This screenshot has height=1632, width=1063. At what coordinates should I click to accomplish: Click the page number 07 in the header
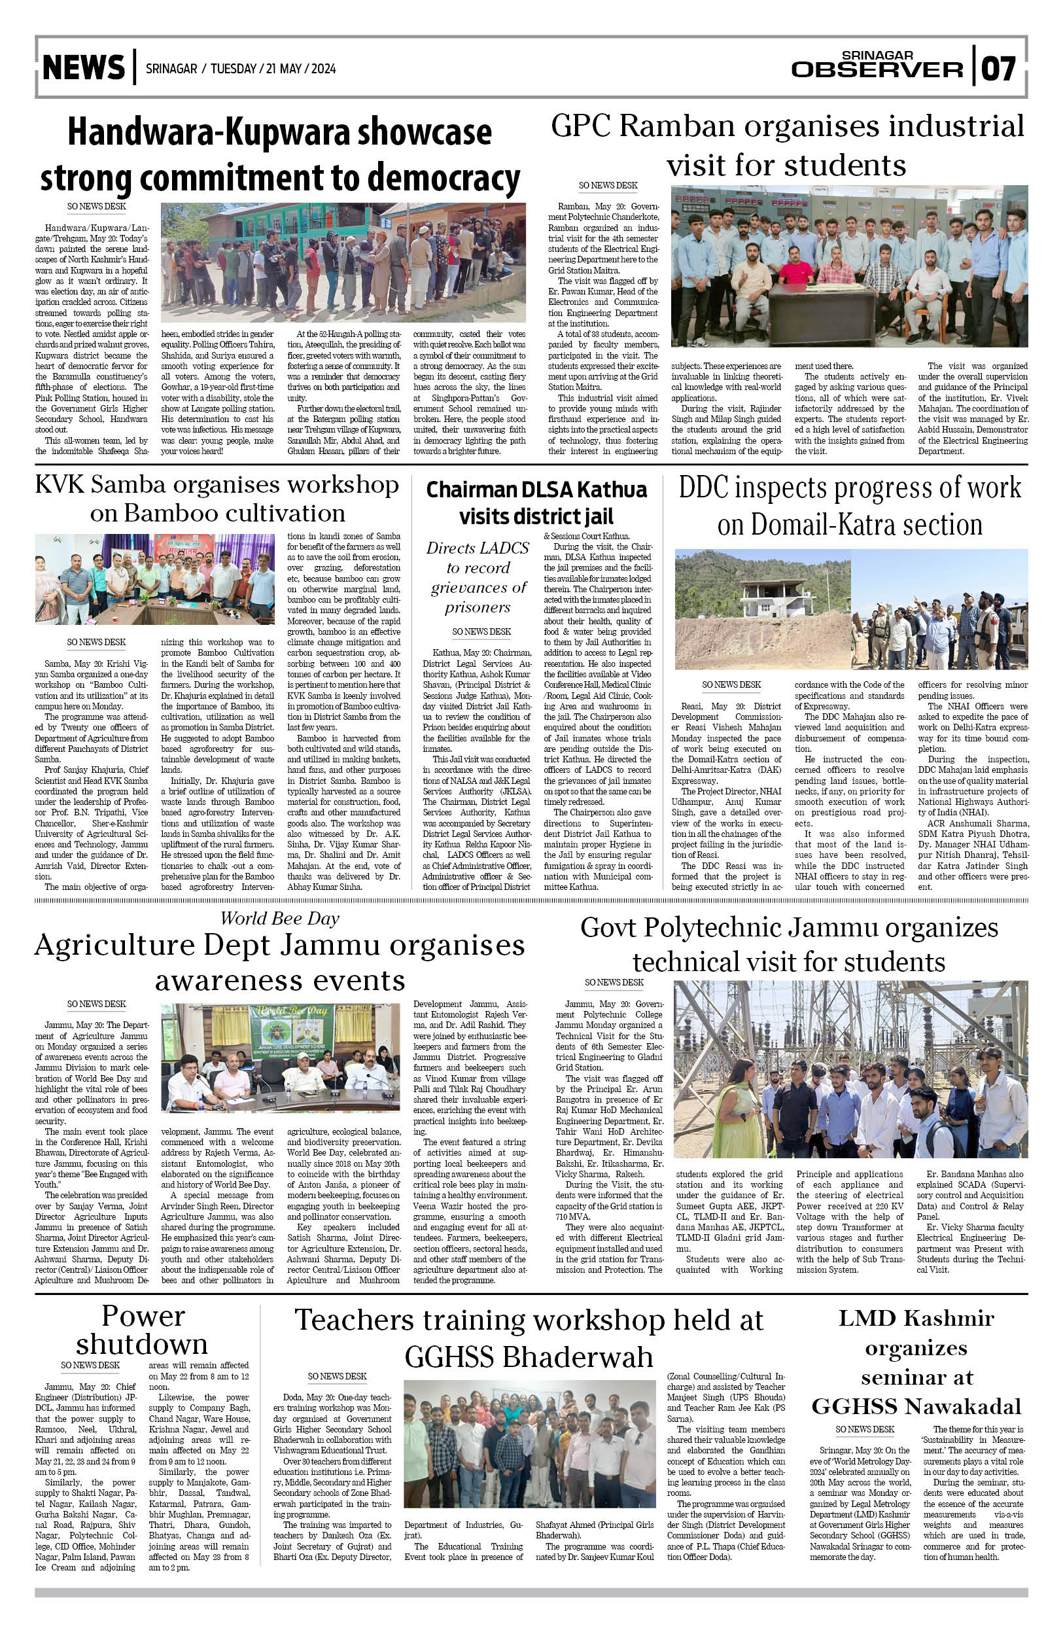coord(999,69)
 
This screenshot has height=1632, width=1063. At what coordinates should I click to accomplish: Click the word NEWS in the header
coord(84,68)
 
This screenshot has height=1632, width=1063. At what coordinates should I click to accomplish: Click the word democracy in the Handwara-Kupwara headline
coord(444,177)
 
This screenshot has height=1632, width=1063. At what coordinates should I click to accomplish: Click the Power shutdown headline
coord(142,1330)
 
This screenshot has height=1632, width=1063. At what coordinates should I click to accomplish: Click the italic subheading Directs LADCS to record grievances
coord(477,577)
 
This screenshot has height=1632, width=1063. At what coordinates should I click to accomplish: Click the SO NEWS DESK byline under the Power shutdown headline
coord(90,1365)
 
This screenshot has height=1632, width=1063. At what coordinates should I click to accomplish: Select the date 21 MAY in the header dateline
coord(283,69)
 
